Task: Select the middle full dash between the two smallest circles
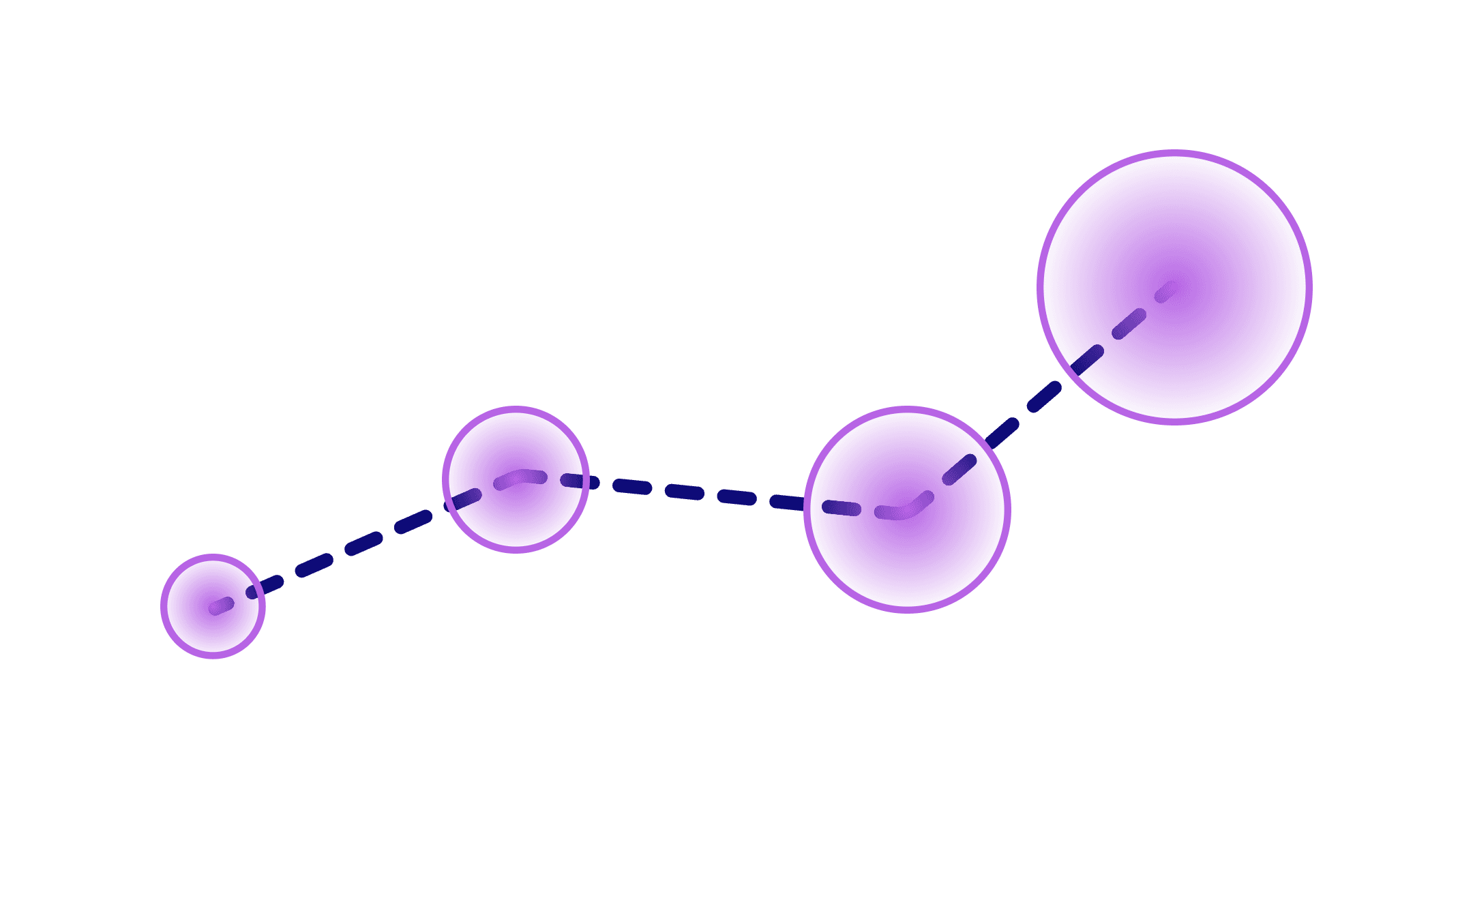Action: coord(363,543)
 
